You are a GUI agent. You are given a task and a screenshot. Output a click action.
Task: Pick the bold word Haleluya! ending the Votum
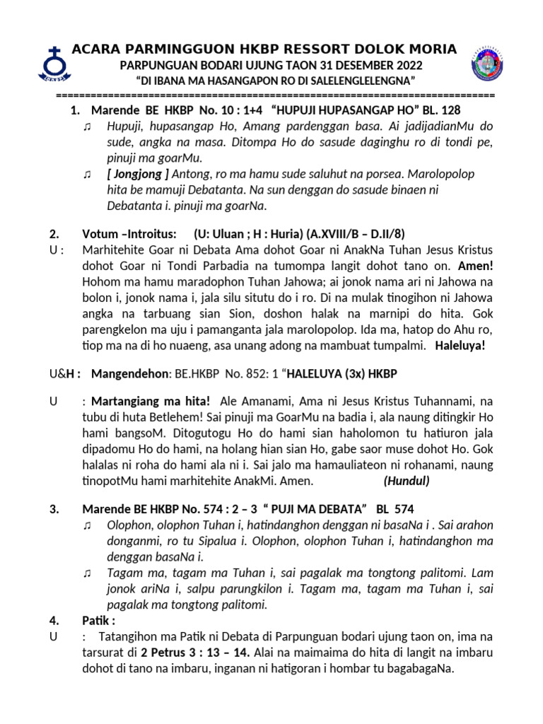460,346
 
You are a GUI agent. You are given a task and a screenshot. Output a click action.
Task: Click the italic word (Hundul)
406,481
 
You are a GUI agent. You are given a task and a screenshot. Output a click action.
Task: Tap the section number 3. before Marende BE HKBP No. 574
53,508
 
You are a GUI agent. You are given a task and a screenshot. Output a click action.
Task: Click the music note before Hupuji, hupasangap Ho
87,127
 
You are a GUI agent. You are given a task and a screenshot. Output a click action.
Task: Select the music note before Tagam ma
87,573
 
